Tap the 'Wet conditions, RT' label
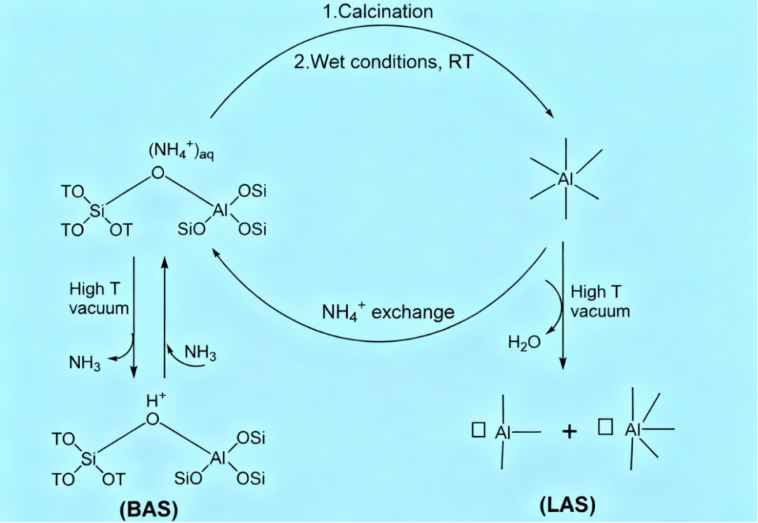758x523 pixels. pos(384,62)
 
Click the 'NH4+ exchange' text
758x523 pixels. pos(387,311)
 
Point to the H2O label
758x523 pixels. pos(524,342)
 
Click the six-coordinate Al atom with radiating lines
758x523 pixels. pos(566,179)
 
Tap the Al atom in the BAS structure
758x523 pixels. pos(218,459)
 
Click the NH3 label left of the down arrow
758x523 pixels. pos(85,362)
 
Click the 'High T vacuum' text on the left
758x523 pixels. pos(98,298)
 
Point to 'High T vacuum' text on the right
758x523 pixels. pos(599,301)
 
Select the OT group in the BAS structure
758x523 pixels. pos(113,479)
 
